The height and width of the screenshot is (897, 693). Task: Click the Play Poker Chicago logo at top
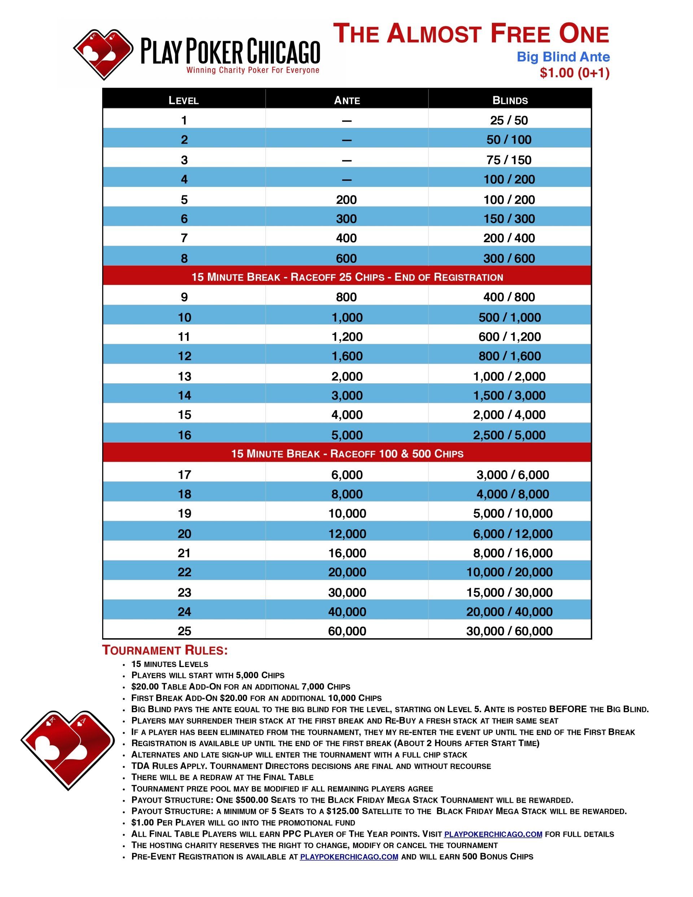[196, 54]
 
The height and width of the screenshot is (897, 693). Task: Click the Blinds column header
[510, 100]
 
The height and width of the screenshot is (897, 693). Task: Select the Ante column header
[347, 100]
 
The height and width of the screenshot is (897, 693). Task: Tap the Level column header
[184, 100]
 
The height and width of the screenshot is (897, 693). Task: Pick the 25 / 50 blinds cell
[509, 120]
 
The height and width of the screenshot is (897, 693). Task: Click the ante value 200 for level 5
[346, 200]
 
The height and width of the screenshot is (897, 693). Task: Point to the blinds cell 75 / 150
[509, 160]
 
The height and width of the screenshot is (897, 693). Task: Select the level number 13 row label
[184, 376]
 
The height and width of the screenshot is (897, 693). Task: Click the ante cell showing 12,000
[347, 534]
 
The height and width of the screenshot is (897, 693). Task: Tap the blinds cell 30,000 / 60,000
[509, 631]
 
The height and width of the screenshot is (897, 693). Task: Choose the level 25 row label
[184, 631]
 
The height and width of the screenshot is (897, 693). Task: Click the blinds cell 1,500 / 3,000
[509, 396]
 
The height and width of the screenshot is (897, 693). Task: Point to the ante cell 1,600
[347, 356]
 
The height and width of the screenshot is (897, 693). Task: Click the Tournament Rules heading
[165, 650]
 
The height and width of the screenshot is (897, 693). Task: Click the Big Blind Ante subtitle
[563, 57]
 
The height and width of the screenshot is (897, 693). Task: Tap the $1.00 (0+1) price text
[574, 73]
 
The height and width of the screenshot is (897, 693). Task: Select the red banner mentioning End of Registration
[347, 277]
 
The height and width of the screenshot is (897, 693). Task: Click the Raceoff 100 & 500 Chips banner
[347, 454]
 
